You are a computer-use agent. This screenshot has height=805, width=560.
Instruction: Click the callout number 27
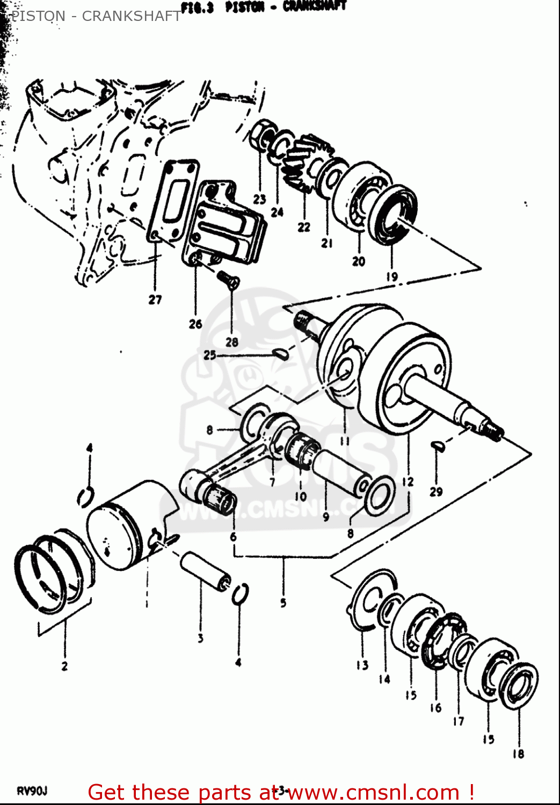[x=155, y=299]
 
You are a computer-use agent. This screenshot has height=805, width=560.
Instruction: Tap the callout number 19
[x=392, y=276]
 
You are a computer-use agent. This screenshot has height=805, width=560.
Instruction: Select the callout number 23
[x=260, y=200]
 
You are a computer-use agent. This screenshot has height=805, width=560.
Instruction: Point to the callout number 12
[x=408, y=481]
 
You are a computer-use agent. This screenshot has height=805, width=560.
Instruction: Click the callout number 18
[x=518, y=754]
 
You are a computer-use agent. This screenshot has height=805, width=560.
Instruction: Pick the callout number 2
[x=64, y=666]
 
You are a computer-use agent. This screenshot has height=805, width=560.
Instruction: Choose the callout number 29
[x=437, y=491]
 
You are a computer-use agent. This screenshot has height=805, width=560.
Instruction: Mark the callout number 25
[x=210, y=355]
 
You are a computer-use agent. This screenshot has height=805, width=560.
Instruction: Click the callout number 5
[x=283, y=603]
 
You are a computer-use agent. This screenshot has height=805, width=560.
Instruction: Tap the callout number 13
[x=362, y=665]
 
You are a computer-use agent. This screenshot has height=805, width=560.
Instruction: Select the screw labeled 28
[x=228, y=279]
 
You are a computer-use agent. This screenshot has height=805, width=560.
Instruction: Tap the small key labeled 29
[x=437, y=446]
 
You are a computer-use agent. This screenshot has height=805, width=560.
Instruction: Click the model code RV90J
[x=33, y=791]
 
